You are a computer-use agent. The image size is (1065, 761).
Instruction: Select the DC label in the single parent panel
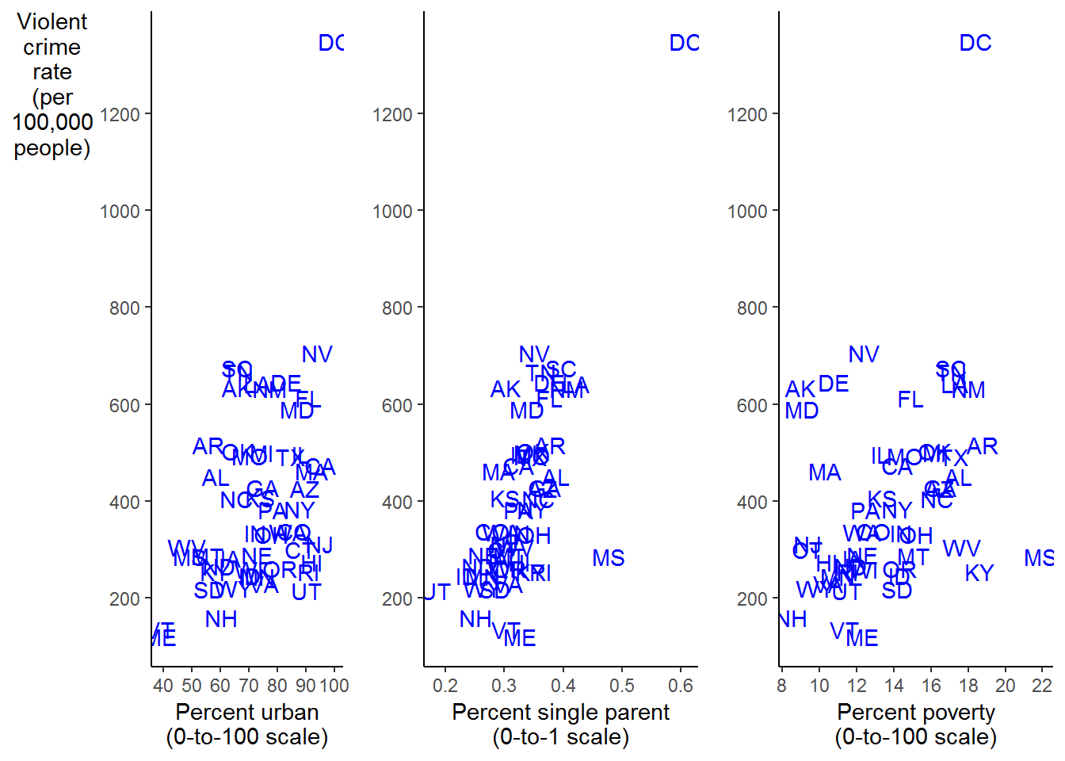click(x=684, y=43)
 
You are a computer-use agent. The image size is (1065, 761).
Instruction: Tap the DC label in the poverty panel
click(x=975, y=43)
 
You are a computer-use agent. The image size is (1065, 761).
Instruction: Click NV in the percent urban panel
click(x=317, y=354)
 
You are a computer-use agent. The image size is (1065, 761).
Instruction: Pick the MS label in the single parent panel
click(x=608, y=558)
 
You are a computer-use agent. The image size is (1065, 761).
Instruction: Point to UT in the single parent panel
click(x=437, y=592)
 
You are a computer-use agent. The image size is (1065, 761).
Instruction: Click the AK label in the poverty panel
click(x=800, y=389)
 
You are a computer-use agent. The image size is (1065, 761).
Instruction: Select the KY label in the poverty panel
click(x=979, y=573)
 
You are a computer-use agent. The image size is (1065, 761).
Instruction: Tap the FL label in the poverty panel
click(x=910, y=400)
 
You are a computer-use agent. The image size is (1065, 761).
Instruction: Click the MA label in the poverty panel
click(x=824, y=472)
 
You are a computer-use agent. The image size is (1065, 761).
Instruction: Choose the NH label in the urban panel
click(x=220, y=619)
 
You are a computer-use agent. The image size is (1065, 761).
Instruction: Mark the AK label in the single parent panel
click(x=506, y=389)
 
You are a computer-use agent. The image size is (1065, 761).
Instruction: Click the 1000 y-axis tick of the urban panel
click(x=120, y=211)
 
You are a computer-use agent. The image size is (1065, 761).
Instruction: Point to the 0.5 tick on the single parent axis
click(x=622, y=686)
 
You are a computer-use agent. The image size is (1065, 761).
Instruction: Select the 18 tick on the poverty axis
click(x=968, y=686)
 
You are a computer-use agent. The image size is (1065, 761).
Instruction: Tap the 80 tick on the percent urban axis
click(x=277, y=686)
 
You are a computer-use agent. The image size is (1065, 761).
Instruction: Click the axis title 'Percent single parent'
click(x=560, y=712)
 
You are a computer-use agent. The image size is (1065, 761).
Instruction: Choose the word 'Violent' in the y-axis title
click(x=52, y=22)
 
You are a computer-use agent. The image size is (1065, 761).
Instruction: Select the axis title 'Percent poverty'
click(x=915, y=712)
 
